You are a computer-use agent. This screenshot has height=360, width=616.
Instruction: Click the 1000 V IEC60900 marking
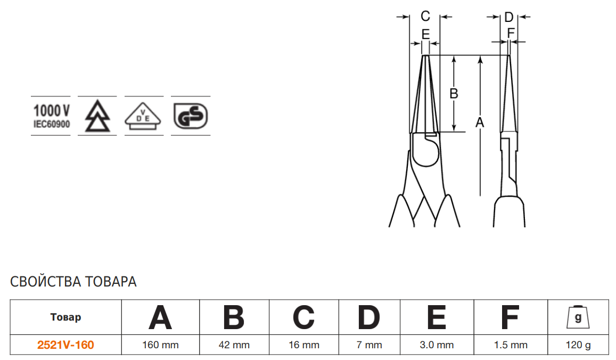pyautogui.click(x=52, y=116)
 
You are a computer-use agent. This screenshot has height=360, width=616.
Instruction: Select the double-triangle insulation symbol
pyautogui.click(x=97, y=116)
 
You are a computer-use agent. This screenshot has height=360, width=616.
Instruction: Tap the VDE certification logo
pyautogui.click(x=143, y=116)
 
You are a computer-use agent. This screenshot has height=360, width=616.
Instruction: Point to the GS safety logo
pyautogui.click(x=191, y=116)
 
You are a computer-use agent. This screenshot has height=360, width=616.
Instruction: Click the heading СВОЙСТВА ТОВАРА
pyautogui.click(x=73, y=282)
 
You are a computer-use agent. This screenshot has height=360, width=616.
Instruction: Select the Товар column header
pyautogui.click(x=65, y=317)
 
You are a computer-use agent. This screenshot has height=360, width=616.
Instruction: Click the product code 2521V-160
pyautogui.click(x=65, y=345)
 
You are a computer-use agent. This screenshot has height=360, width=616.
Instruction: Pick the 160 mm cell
pyautogui.click(x=160, y=345)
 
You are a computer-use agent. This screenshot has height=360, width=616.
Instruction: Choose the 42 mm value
pyautogui.click(x=234, y=345)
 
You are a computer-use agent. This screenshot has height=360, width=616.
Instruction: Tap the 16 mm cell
pyautogui.click(x=304, y=345)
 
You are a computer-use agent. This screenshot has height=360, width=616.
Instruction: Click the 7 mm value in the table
pyautogui.click(x=369, y=345)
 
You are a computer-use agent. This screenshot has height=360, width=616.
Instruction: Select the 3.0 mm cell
pyautogui.click(x=437, y=345)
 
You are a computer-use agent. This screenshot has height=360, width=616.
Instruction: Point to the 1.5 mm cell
pyautogui.click(x=511, y=345)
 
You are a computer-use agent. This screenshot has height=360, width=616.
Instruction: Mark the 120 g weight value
pyautogui.click(x=578, y=345)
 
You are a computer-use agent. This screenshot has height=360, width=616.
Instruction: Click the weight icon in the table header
pyautogui.click(x=578, y=317)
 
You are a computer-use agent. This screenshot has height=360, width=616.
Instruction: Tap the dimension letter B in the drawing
pyautogui.click(x=454, y=94)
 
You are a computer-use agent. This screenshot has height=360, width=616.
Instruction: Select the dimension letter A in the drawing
pyautogui.click(x=480, y=122)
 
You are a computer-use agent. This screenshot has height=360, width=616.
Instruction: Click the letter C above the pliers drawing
pyautogui.click(x=425, y=16)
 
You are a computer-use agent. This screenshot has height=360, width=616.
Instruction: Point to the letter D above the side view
pyautogui.click(x=509, y=17)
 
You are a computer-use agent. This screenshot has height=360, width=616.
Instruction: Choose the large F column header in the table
pyautogui.click(x=511, y=317)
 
